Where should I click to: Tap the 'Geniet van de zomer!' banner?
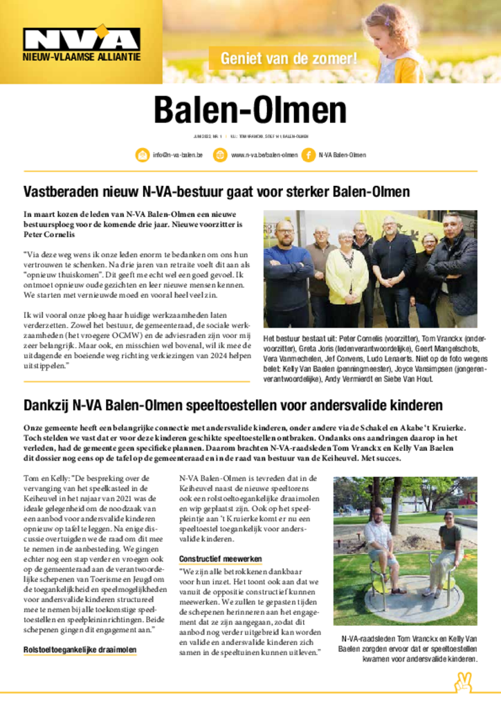coord(289,59)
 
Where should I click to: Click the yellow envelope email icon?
coord(142,155)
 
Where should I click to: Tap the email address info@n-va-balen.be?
coord(178,156)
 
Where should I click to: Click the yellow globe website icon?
coord(219,155)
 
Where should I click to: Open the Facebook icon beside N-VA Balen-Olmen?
coord(308,155)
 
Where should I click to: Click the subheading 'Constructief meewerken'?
coord(210,559)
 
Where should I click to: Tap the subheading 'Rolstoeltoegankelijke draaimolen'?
coord(80,650)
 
